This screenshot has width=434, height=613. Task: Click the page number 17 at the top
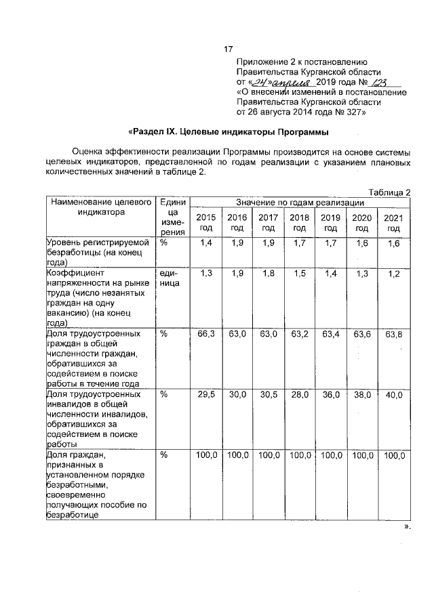pos(229,49)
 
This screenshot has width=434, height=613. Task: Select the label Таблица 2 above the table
pos(389,192)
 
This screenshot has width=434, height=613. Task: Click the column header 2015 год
pos(206,222)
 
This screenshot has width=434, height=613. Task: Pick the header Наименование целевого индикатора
pos(100,207)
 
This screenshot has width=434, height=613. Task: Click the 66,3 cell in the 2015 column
pos(206,335)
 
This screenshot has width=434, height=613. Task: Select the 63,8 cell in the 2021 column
pos(393,335)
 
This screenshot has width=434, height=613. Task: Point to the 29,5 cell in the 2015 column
pos(206,395)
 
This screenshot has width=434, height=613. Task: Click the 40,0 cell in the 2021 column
pos(393,395)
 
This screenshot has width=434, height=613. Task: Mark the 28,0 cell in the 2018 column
pos(299,395)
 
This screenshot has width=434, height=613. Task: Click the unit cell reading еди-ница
pos(170,278)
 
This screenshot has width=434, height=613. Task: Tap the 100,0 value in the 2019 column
pos(331,456)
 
